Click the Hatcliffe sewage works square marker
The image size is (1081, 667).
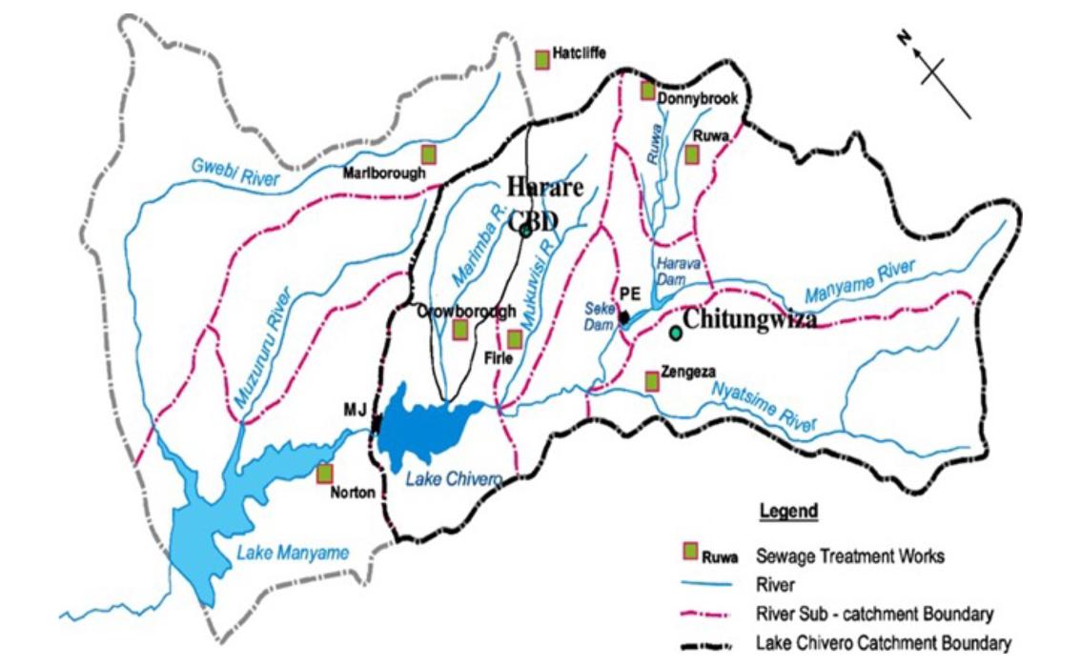542,59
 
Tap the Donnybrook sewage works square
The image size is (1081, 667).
647,91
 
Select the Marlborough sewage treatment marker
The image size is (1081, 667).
430,152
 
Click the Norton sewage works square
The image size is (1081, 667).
325,473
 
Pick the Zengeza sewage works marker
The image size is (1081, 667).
652,381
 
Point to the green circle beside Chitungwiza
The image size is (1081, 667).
676,333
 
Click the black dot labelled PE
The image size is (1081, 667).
623,316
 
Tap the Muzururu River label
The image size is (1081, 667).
256,348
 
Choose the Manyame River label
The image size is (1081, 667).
859,278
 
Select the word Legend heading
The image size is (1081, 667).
787,512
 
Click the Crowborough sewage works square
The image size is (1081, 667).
459,330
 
